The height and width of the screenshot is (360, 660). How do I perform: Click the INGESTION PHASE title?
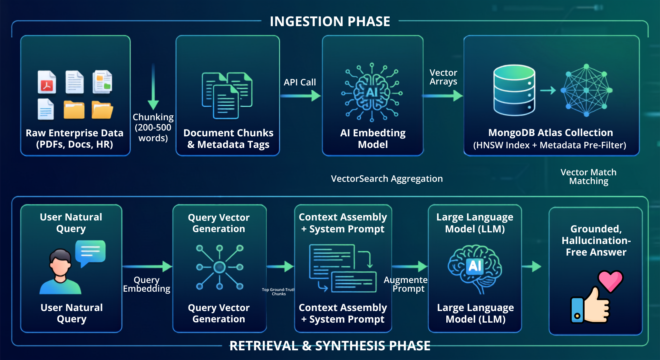[x=330, y=22]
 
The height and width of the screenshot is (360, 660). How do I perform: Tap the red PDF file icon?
[x=47, y=82]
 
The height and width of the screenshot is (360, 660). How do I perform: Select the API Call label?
[x=300, y=82]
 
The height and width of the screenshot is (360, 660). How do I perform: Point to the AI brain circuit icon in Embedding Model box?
[x=372, y=92]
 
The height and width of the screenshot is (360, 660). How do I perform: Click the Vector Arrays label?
[x=443, y=77]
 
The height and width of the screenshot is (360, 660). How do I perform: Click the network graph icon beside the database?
[x=587, y=90]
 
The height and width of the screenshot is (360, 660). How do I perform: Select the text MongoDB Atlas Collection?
[x=550, y=132]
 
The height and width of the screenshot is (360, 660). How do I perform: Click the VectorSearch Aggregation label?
[x=387, y=179]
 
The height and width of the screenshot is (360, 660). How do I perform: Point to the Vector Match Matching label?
[x=588, y=177]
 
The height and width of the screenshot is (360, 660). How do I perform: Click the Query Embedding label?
[x=147, y=284]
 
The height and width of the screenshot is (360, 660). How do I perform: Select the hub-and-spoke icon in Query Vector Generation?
[x=219, y=267]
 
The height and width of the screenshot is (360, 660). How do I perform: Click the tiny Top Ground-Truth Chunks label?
[x=278, y=292]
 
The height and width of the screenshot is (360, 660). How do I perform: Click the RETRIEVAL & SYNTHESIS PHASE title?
[x=330, y=346]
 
